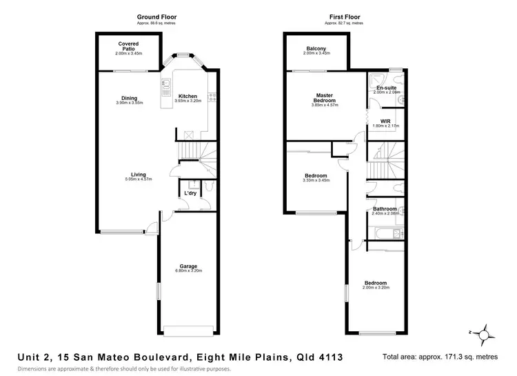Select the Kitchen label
coord(187,96)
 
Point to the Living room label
coord(139,175)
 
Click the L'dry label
coord(190,194)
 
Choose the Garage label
coord(188,266)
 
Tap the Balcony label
coord(316,48)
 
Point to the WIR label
coord(385,121)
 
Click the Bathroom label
coord(385,208)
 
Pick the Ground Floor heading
coord(136,17)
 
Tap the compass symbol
coord(485,335)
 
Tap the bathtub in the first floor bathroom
coord(383,236)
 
